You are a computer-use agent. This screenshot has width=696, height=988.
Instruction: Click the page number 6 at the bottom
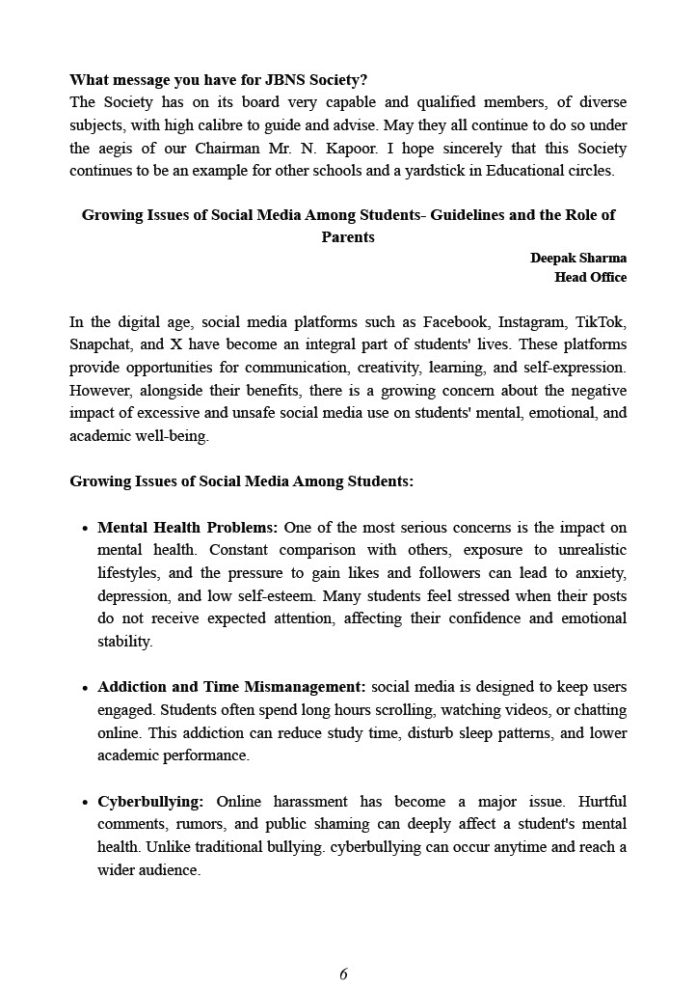point(343,974)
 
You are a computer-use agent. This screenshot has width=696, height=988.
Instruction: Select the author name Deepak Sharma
point(577,258)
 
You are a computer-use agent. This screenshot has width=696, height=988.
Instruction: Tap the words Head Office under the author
point(590,277)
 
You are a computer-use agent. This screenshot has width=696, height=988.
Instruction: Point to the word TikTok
point(604,322)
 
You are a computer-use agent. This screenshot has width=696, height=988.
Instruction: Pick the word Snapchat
point(100,344)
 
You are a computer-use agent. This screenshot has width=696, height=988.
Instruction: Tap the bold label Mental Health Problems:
point(187,528)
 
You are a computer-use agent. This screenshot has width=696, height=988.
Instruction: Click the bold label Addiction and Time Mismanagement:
point(231,687)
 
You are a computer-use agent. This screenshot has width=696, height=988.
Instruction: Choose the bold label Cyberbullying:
point(150,802)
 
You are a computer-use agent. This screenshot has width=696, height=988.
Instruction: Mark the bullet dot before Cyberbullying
point(85,803)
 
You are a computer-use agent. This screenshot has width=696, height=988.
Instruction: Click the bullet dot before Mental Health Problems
point(85,529)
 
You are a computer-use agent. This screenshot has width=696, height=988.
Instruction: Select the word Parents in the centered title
point(348,236)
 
